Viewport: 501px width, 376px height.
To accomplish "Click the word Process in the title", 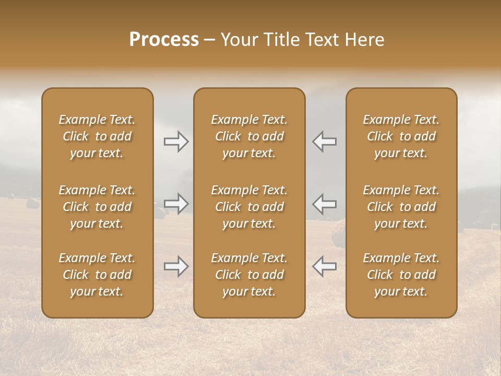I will tap(164, 40).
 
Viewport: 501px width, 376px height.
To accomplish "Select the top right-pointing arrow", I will tap(176, 142).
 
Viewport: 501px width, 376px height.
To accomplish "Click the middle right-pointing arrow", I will tap(176, 203).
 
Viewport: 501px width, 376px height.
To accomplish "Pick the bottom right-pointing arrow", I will tap(176, 266).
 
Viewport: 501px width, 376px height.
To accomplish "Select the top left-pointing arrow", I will tap(324, 142).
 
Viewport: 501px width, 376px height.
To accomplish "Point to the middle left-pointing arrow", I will tap(324, 203).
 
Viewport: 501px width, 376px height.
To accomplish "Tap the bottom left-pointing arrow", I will tap(324, 266).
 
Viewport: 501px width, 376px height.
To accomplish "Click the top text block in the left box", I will tap(97, 136).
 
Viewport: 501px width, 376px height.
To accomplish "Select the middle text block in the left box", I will tap(97, 207).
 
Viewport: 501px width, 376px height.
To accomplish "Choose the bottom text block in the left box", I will tap(97, 275).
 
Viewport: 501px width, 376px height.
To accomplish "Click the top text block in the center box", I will tap(249, 136).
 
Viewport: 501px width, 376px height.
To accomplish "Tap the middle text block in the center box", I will tap(249, 207).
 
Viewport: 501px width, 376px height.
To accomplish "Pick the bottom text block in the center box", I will tap(249, 275).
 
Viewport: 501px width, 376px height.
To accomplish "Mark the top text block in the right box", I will tap(401, 136).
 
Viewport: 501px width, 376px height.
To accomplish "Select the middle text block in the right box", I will tap(401, 207).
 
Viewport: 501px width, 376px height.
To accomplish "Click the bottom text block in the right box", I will tap(401, 275).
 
